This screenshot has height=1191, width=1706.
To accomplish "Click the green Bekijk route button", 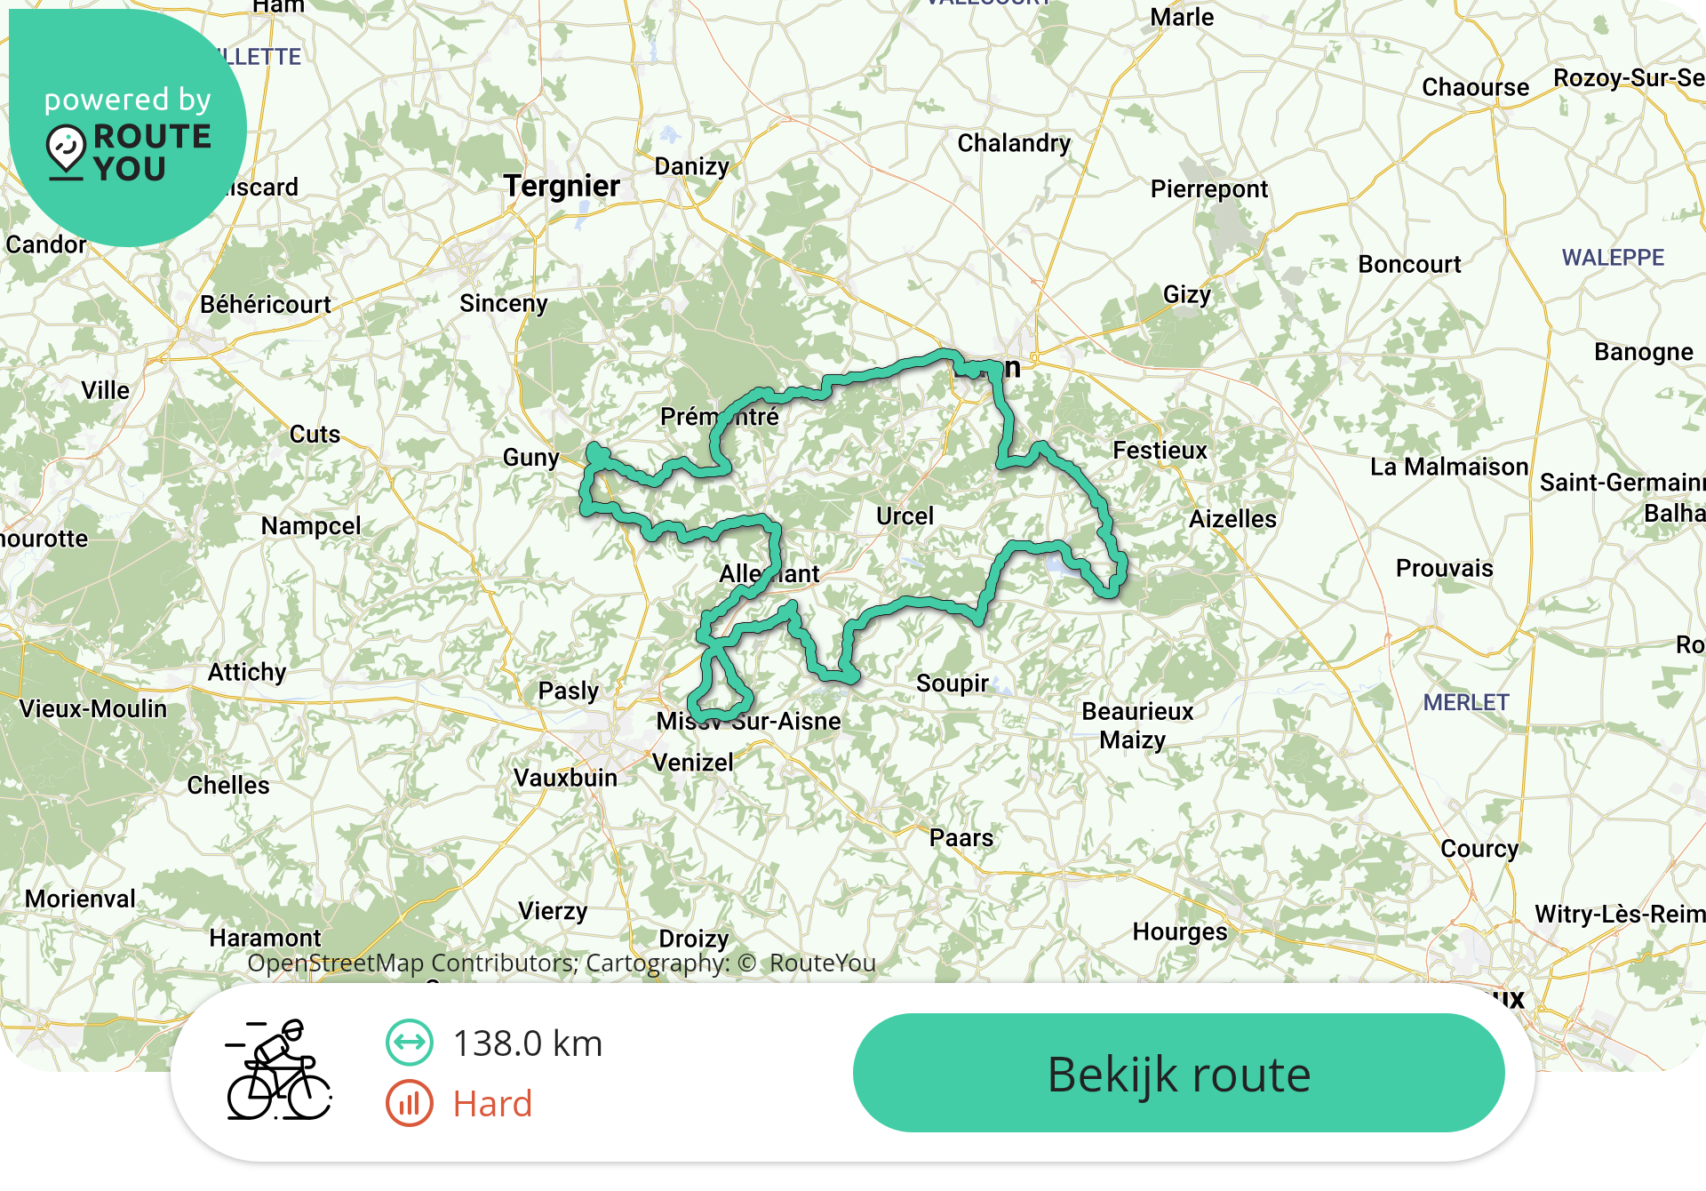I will pyautogui.click(x=1178, y=1073).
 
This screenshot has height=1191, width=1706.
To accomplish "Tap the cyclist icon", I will pyautogui.click(x=279, y=1070).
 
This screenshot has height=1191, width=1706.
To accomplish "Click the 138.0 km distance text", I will pyautogui.click(x=528, y=1043).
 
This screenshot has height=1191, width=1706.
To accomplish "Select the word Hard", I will pyautogui.click(x=492, y=1104).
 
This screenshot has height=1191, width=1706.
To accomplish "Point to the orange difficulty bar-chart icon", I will pyautogui.click(x=409, y=1103).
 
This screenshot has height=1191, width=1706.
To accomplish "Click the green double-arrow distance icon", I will pyautogui.click(x=409, y=1043).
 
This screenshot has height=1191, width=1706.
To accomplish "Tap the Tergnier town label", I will pyautogui.click(x=562, y=186).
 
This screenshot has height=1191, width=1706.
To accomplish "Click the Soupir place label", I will pyautogui.click(x=952, y=683).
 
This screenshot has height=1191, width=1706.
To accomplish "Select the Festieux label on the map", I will pyautogui.click(x=1160, y=451).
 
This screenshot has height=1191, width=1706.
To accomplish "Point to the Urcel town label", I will pyautogui.click(x=905, y=516).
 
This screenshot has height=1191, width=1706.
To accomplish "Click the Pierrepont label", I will pyautogui.click(x=1208, y=188).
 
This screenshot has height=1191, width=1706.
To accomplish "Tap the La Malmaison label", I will pyautogui.click(x=1448, y=467).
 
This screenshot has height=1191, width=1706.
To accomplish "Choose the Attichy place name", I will pyautogui.click(x=247, y=672).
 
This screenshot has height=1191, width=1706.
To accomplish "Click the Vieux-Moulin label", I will pyautogui.click(x=93, y=708).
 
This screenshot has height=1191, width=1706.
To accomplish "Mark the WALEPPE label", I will pyautogui.click(x=1613, y=258).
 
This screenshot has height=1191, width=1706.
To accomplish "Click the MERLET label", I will pyautogui.click(x=1466, y=702).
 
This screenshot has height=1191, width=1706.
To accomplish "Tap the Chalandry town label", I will pyautogui.click(x=1013, y=143).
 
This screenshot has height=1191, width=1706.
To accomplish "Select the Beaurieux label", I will pyautogui.click(x=1137, y=711).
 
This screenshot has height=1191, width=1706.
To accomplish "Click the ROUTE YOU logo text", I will pyautogui.click(x=151, y=152).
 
